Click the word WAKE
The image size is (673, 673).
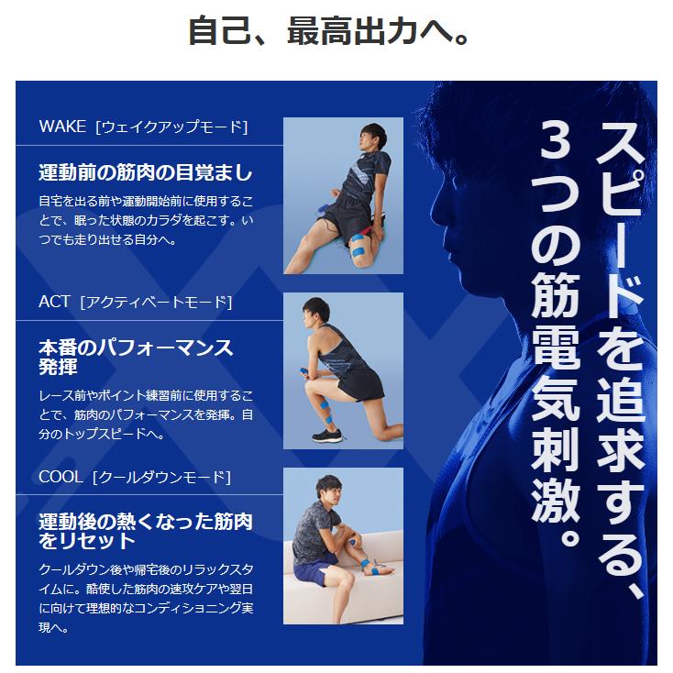(x=62, y=127)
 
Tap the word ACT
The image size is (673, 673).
(x=54, y=302)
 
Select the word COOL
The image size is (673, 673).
(x=61, y=477)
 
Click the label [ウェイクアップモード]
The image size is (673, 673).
(x=171, y=127)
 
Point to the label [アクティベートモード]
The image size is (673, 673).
(x=156, y=302)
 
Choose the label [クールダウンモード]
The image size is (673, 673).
(x=161, y=477)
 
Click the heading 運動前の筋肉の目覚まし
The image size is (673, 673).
(x=145, y=172)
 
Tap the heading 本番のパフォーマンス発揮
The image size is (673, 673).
(x=136, y=357)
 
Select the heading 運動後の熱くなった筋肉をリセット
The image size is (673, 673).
(x=145, y=531)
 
